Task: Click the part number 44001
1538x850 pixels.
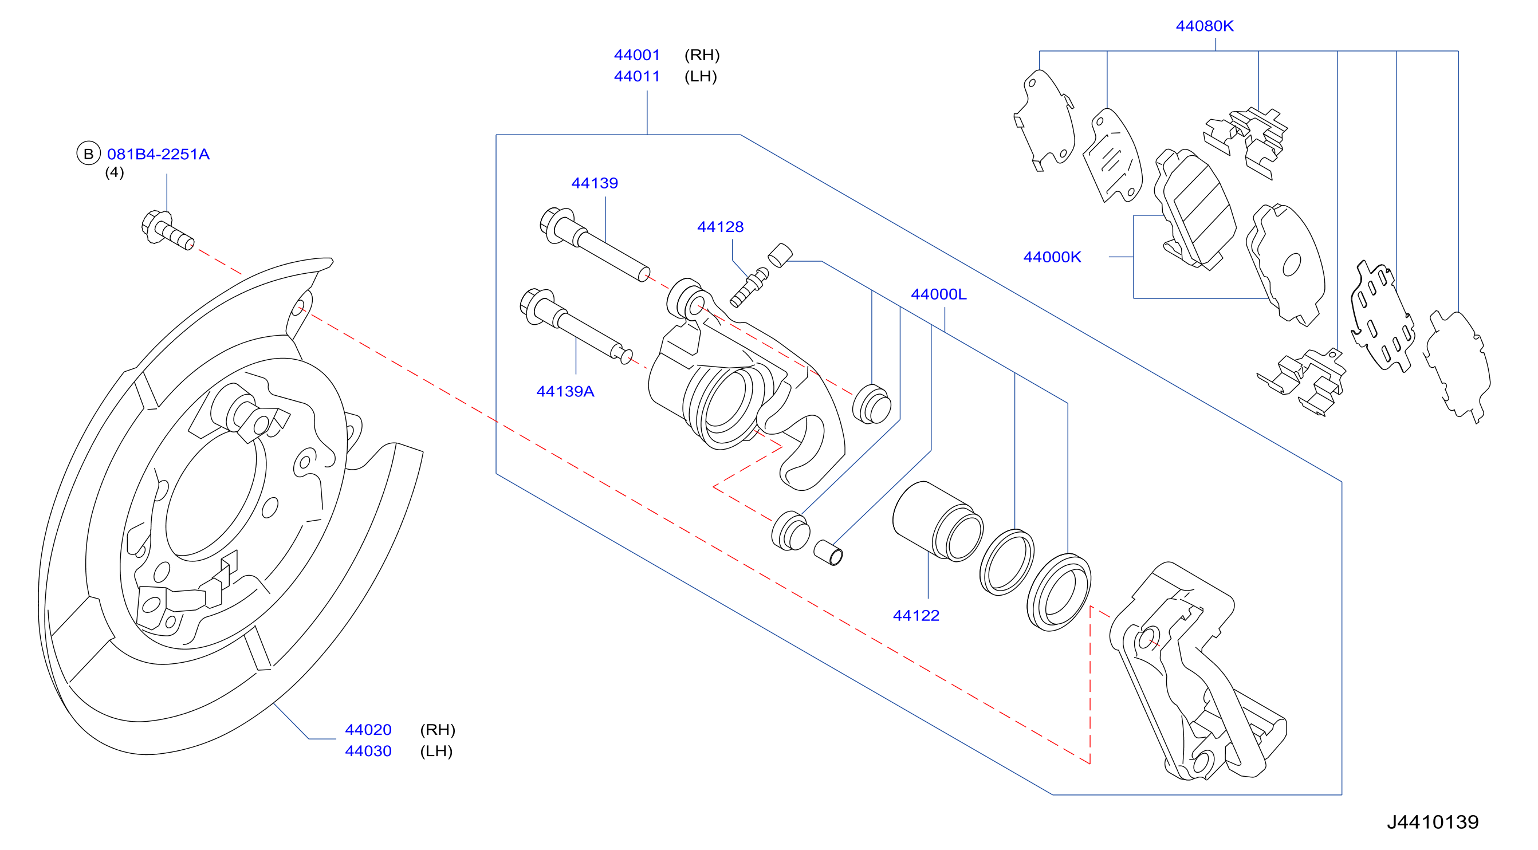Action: (x=636, y=55)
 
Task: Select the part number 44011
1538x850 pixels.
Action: (x=636, y=76)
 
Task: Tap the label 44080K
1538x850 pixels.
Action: (x=1204, y=26)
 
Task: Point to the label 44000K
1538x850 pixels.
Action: (x=1052, y=257)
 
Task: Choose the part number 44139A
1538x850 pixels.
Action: (x=565, y=391)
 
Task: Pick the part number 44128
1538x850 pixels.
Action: (x=720, y=227)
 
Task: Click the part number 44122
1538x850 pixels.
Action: (x=916, y=615)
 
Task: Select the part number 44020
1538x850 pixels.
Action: (x=368, y=729)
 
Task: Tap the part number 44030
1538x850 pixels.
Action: (x=368, y=751)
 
